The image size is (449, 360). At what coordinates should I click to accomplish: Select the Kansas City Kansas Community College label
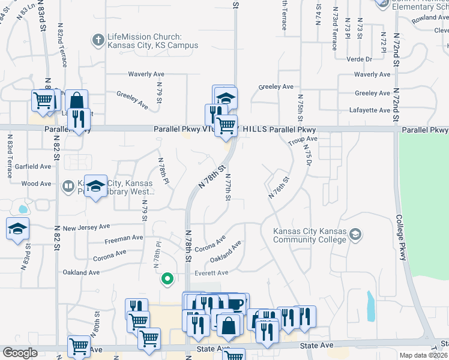[x=309, y=236]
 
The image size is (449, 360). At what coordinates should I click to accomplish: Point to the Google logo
[x=20, y=353]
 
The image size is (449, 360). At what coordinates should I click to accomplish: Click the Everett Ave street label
[x=214, y=272]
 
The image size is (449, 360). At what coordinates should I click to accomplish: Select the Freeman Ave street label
[x=124, y=238]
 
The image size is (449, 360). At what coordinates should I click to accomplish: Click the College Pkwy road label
[x=401, y=237]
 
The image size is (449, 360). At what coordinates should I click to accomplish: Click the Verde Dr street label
[x=360, y=59]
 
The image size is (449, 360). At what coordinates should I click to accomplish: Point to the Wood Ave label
[x=36, y=184]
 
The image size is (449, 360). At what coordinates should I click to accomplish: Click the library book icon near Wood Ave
[x=68, y=187]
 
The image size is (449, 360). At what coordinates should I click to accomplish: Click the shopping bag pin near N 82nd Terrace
[x=76, y=100]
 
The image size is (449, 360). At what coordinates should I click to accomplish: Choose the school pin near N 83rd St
[x=17, y=229]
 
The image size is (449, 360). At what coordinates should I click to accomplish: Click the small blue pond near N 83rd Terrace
[x=23, y=209]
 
